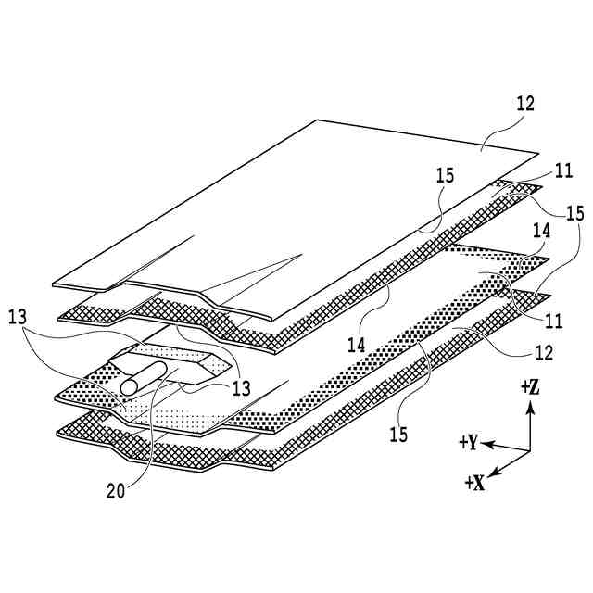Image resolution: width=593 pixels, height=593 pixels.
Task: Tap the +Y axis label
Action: (468, 443)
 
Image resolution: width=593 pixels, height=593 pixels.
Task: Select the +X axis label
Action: (476, 483)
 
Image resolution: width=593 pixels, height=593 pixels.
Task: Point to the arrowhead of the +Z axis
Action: (530, 405)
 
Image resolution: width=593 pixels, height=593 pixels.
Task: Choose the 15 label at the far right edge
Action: (574, 214)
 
